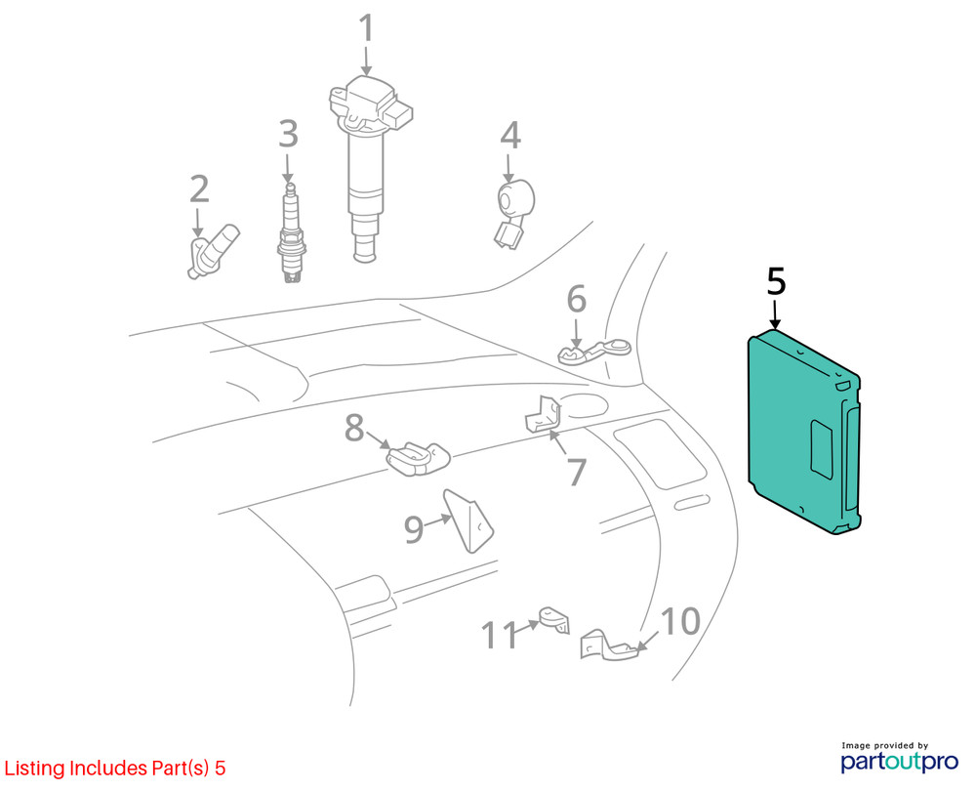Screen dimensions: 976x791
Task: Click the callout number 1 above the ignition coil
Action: click(366, 28)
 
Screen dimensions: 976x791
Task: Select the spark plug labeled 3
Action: click(291, 233)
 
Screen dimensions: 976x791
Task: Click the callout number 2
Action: click(198, 189)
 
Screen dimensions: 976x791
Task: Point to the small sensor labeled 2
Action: click(212, 253)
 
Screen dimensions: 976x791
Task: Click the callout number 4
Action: click(510, 135)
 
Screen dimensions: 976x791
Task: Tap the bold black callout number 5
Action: click(776, 281)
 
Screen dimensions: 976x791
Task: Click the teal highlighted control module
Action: click(803, 432)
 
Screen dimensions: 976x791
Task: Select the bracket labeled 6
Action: click(593, 351)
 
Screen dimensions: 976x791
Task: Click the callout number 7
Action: click(577, 472)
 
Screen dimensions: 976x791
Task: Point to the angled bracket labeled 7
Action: click(543, 413)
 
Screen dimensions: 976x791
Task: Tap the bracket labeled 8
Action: click(418, 459)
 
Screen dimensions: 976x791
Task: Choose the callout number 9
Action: click(415, 529)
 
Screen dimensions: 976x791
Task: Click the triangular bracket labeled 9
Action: click(468, 521)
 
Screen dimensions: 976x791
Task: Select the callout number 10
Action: click(680, 621)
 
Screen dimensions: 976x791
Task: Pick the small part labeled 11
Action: click(553, 619)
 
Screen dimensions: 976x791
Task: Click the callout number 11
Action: click(500, 635)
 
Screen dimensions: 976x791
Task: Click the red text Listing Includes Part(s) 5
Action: click(115, 768)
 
